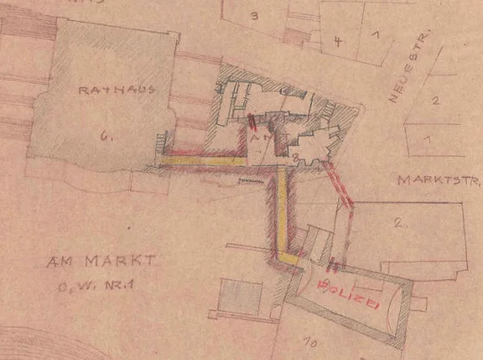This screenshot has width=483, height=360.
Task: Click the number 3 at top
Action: tap(252, 15)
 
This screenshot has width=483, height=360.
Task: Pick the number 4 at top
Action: tap(336, 40)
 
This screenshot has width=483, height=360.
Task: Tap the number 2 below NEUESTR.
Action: tap(434, 102)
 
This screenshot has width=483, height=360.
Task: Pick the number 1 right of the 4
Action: tap(375, 35)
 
